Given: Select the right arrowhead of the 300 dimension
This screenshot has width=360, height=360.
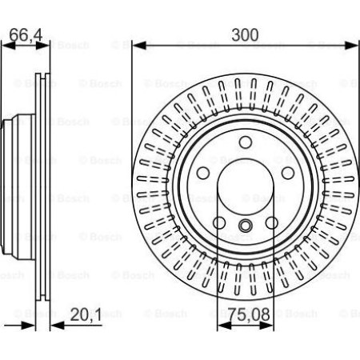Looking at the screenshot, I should click(x=352, y=46).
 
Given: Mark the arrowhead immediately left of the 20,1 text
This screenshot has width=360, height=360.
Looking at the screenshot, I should click(x=54, y=325).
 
